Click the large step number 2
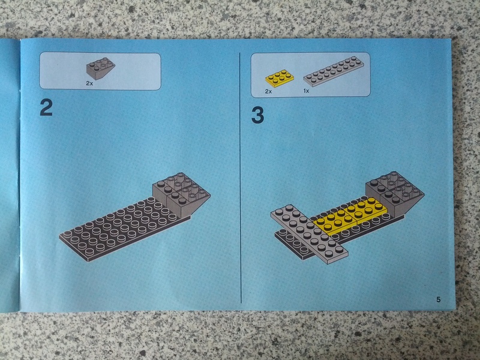46,108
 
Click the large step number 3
258,115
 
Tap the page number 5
439,299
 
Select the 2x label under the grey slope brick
89,83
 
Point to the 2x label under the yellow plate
268,92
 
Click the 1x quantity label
306,91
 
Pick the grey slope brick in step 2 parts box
100,68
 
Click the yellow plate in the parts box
280,78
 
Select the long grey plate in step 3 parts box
334,71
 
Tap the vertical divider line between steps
241,178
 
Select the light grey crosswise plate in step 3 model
309,235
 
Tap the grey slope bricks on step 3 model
395,193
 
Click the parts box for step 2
100,71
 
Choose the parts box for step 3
310,74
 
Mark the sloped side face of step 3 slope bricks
409,204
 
